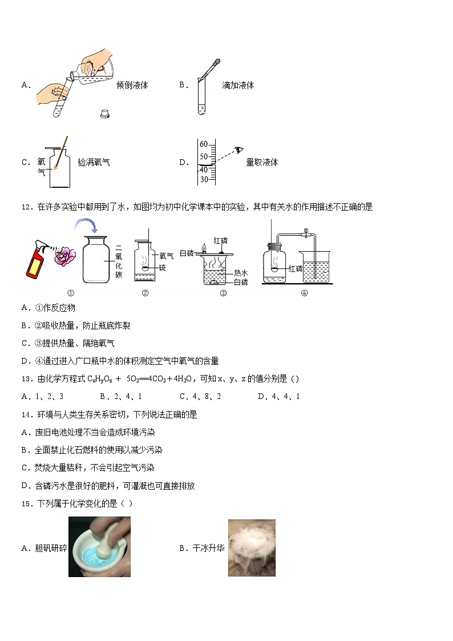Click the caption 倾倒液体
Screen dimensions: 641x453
click(132, 85)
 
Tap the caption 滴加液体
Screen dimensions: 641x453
click(238, 85)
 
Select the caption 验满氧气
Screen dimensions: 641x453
click(94, 162)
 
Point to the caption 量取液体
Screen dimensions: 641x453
click(262, 162)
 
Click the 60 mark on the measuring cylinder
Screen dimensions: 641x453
click(204, 144)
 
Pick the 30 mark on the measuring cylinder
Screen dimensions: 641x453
click(204, 179)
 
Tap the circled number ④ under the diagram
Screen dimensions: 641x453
click(304, 294)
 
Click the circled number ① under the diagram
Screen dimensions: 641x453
click(71, 294)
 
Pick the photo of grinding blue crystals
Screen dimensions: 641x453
click(99, 547)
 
